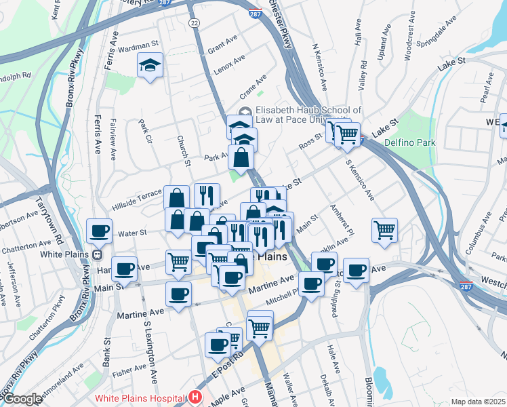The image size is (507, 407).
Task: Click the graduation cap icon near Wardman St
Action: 149,66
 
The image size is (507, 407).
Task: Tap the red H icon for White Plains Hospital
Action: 195,398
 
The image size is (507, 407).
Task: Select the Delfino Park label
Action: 409,143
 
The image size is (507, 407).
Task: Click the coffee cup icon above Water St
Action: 99,231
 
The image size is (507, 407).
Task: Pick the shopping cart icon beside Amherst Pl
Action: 384,229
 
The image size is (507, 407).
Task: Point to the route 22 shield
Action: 195,22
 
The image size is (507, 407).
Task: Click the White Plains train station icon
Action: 97,255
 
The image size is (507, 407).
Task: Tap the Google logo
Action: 22,399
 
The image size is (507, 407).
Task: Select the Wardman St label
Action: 138,48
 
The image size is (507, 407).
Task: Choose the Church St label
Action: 184,149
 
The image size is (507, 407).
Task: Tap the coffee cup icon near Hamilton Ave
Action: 125,269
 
